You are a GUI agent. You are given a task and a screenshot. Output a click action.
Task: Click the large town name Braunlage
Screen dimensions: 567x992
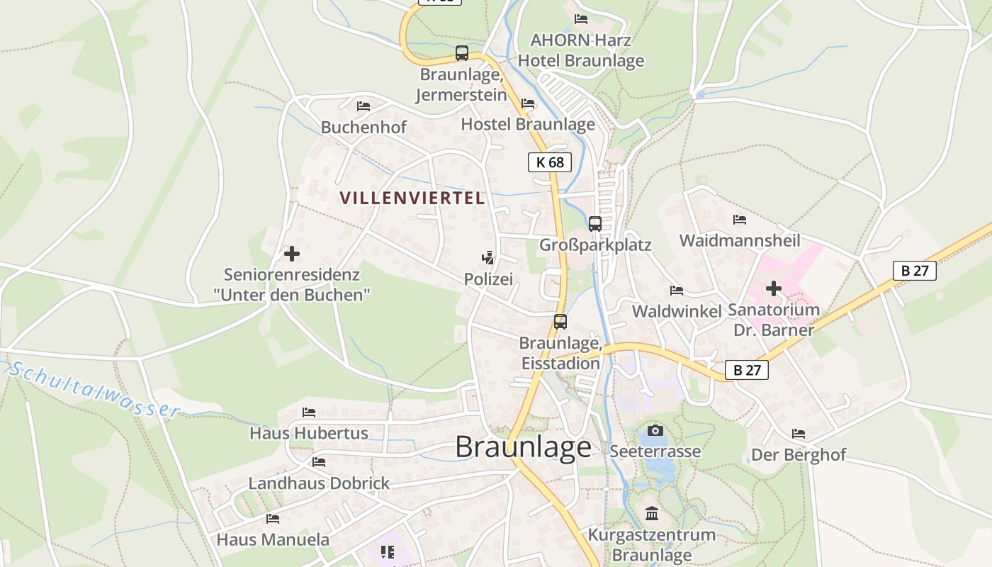[x=523, y=447]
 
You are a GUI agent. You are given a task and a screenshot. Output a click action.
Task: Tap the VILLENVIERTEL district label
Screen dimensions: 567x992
[x=412, y=198]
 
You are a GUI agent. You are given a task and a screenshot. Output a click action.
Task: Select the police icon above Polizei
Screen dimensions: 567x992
[x=487, y=258]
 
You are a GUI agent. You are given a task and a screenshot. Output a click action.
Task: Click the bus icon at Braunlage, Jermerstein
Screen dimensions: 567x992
[x=462, y=52]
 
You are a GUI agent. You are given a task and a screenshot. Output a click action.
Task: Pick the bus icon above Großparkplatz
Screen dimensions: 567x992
[x=595, y=223]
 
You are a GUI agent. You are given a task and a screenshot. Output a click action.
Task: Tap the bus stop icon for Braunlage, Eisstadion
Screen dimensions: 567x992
[x=560, y=321]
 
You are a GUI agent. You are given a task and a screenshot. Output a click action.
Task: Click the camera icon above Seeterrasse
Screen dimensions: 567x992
[x=655, y=430]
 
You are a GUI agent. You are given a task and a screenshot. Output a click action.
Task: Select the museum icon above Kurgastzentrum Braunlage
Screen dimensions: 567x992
[x=652, y=513]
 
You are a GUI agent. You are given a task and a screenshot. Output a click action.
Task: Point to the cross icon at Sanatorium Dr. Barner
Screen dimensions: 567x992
[x=773, y=288]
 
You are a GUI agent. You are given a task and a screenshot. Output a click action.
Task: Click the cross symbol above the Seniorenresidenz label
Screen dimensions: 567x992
[x=291, y=253]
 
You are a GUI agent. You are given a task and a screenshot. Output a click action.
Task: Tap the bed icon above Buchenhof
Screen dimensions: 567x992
[x=363, y=106]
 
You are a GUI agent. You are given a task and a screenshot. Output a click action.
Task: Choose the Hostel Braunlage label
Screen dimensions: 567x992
[x=528, y=124]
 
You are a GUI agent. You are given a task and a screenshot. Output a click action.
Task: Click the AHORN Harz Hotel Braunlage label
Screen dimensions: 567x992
[x=581, y=50]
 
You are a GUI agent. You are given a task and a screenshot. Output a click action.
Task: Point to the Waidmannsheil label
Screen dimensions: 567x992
[x=740, y=240]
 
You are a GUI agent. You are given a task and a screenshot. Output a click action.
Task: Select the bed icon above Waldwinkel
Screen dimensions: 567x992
[x=677, y=290]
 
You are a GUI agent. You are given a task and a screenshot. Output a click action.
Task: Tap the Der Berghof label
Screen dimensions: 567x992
[x=799, y=454]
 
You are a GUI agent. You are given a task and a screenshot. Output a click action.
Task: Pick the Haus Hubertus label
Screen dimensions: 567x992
[x=309, y=432]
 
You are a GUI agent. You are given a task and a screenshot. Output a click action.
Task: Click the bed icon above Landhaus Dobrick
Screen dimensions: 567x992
[x=319, y=462]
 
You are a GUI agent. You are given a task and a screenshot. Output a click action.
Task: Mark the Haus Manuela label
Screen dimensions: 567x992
[x=273, y=539]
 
